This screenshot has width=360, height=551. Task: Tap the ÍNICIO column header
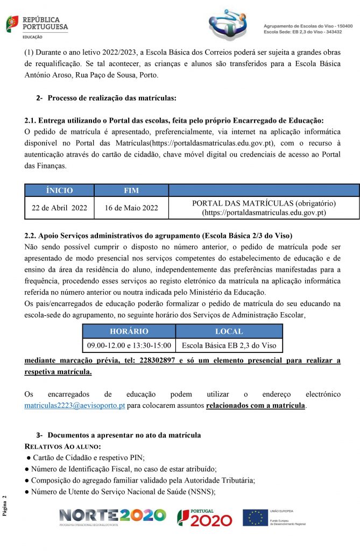(59, 190)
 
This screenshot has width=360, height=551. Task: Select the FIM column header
(131, 190)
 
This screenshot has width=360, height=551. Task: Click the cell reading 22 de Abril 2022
(59, 208)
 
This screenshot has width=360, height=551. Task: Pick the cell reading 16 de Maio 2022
(131, 208)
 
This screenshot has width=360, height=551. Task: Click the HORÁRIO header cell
(129, 331)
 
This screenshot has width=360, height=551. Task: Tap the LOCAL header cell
(229, 331)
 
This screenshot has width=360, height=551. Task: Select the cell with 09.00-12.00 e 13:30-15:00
(129, 345)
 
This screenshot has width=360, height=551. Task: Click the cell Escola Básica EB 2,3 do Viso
(229, 345)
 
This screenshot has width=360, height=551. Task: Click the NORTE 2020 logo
(112, 517)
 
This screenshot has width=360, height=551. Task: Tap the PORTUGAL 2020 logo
(204, 518)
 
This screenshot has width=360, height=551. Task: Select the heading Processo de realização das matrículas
(112, 98)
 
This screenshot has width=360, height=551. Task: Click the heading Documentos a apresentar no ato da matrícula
(124, 434)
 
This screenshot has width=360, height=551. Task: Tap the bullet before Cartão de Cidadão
(27, 458)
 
